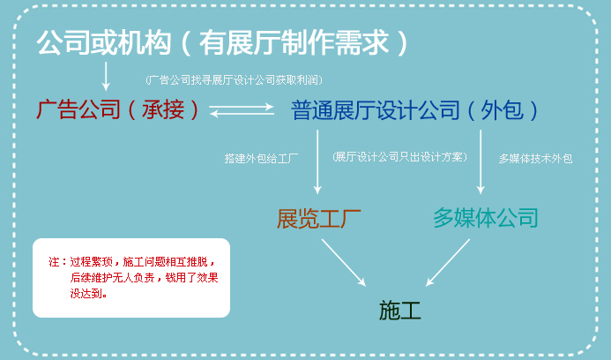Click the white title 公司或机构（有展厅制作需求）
[222, 42]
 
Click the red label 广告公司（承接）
[117, 109]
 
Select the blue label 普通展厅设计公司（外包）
[414, 110]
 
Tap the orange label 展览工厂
[319, 219]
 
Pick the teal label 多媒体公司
[486, 218]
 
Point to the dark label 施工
[399, 311]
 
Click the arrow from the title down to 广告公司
[106, 76]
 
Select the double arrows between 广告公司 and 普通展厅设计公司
[242, 109]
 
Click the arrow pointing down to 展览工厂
[317, 161]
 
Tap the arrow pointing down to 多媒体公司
[481, 161]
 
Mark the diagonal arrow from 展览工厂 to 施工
[344, 263]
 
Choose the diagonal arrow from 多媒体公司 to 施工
[448, 263]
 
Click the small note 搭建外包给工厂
[261, 158]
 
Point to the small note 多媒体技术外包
[535, 158]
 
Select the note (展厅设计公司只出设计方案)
[399, 157]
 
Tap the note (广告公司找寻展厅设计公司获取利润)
[235, 80]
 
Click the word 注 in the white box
[54, 261]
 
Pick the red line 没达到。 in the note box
[88, 293]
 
